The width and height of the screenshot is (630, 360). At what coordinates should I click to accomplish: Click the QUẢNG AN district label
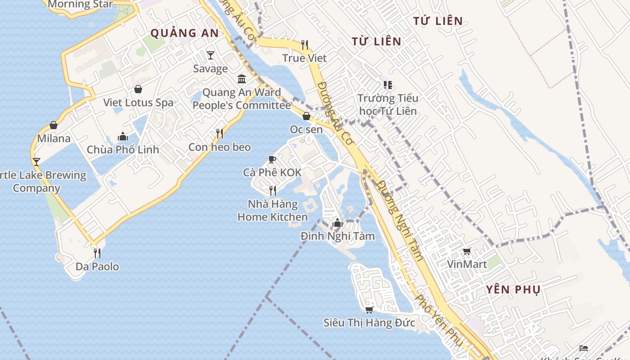184,33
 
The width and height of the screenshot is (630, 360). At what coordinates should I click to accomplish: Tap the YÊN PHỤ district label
513,290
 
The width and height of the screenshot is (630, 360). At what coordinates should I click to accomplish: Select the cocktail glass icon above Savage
211,55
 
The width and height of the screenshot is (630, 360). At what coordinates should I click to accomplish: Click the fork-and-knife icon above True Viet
305,45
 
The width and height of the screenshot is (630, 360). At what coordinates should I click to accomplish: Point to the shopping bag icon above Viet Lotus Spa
138,89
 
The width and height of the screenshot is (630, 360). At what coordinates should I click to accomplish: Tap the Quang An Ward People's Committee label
242,99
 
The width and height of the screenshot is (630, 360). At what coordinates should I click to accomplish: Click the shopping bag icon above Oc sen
306,116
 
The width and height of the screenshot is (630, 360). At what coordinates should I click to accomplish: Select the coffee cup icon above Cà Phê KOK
272,159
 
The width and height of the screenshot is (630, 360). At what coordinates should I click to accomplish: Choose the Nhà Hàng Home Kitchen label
273,211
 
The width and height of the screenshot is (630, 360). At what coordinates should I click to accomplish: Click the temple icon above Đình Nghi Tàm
337,223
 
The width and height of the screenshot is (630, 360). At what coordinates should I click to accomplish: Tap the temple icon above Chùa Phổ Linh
123,136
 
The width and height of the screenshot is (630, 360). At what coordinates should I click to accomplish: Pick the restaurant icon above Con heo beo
220,133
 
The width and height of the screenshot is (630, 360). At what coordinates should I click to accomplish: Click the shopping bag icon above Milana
54,125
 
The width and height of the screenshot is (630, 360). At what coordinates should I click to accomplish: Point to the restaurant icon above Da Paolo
97,253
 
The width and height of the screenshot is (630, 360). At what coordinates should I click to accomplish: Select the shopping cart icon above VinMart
467,251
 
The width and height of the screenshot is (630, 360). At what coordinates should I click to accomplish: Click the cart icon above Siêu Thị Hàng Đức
369,310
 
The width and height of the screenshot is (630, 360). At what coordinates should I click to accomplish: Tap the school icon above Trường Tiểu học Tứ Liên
388,85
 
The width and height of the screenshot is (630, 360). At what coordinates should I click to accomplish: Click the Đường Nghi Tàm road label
400,220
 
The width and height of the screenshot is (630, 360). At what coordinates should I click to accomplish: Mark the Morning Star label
80,4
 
